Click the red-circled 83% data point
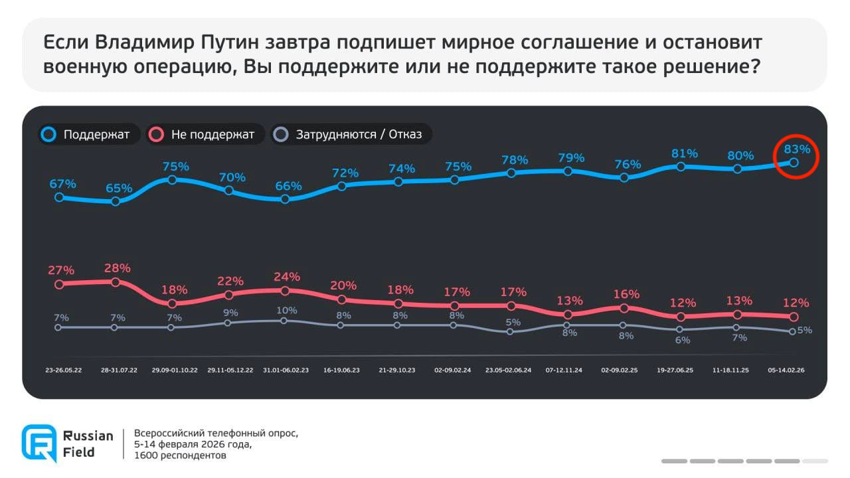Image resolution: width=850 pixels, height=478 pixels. pyautogui.click(x=793, y=162)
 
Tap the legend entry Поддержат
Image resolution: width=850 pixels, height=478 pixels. pyautogui.click(x=89, y=135)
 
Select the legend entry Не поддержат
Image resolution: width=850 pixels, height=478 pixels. pyautogui.click(x=203, y=135)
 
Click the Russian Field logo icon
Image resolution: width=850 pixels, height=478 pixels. pyautogui.click(x=39, y=443)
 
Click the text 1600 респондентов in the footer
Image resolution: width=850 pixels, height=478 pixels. pyautogui.click(x=180, y=455)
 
